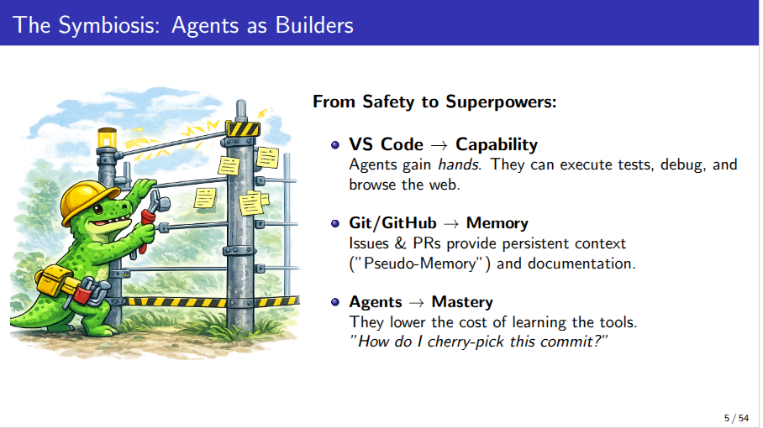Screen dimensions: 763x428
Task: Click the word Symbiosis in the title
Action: coord(108,25)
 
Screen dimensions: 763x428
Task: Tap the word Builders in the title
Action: coord(314,25)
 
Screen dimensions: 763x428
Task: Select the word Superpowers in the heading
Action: coord(501,103)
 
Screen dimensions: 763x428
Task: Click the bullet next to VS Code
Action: coord(334,145)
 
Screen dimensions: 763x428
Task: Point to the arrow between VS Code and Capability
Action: coord(439,145)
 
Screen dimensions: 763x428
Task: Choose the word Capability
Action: coord(497,145)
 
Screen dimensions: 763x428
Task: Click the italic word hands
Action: coord(459,164)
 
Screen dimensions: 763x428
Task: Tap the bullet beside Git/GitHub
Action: coord(334,223)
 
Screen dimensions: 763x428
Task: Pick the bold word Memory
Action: coord(497,223)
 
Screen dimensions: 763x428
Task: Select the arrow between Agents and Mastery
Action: coord(417,303)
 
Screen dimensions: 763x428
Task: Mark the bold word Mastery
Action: coord(462,302)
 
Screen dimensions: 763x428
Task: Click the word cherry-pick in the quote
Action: coord(466,342)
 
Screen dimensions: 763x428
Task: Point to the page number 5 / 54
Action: coord(736,418)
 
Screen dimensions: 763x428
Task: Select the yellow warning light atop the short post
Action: coord(107,138)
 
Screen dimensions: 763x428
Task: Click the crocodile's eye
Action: coord(99,210)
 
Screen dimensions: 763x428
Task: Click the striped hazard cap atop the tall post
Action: coord(242,128)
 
